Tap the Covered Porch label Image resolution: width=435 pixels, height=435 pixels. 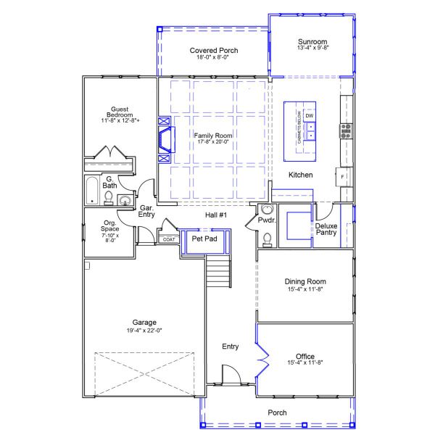coord(214,51)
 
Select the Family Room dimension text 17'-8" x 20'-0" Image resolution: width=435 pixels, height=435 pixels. coord(213,142)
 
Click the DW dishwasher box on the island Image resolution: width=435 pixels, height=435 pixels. coord(310,116)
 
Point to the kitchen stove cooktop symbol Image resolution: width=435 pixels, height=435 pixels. coord(346,130)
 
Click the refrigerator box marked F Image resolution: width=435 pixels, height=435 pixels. coord(342,177)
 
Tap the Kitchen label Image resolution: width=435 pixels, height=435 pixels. coord(301,175)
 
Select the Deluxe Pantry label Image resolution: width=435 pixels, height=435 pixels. coord(326,229)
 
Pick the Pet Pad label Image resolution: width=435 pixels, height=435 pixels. coord(204,239)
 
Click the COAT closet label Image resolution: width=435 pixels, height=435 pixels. coord(168,239)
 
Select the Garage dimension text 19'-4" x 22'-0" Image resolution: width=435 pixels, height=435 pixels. coord(144,331)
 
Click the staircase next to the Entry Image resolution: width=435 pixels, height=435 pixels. coord(217,273)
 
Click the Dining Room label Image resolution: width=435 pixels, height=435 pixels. coord(305,281)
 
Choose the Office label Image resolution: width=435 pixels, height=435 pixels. coord(305,356)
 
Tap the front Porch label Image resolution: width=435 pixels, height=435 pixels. coord(277,413)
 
